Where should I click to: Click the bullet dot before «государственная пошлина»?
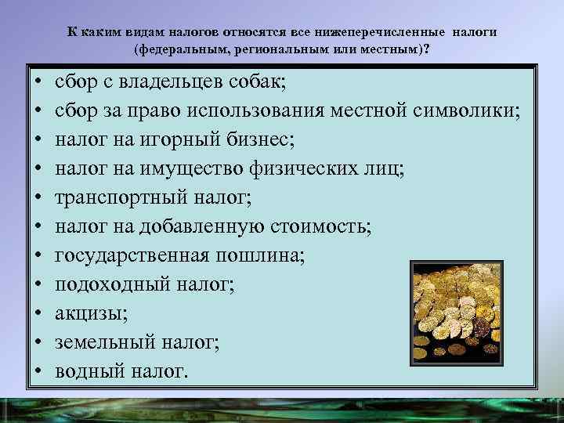pyautogui.click(x=38, y=255)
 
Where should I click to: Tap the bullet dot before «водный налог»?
pyautogui.click(x=38, y=370)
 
